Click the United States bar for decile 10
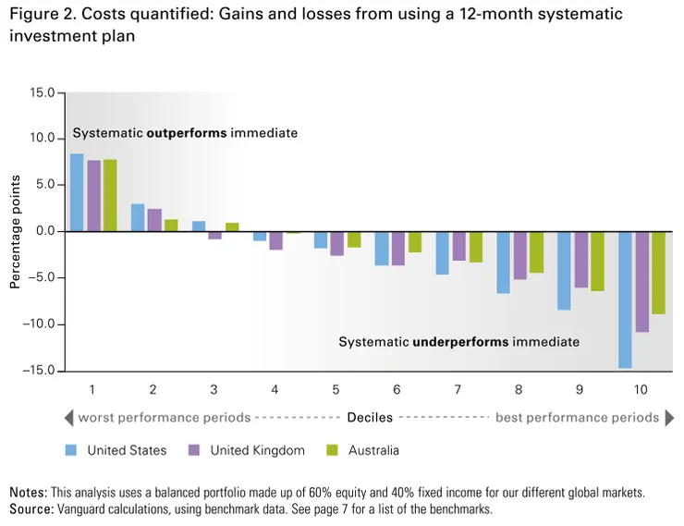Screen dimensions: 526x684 (626, 300)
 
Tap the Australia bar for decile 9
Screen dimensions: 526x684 (597, 262)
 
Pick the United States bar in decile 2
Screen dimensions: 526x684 (138, 218)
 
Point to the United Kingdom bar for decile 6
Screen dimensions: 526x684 (397, 249)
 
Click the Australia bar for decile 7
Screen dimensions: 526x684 (475, 247)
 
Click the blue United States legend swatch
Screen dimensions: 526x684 (71, 450)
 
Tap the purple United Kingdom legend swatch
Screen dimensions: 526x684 (194, 450)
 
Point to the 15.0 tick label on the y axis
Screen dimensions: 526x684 (42, 93)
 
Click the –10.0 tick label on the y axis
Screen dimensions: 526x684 (39, 324)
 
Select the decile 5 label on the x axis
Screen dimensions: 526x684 (335, 389)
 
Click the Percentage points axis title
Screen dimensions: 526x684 (16, 231)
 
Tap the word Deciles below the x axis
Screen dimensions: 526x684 (370, 418)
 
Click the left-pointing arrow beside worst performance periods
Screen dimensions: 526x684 (69, 418)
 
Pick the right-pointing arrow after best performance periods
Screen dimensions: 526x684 (668, 418)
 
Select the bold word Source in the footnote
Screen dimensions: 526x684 (29, 508)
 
